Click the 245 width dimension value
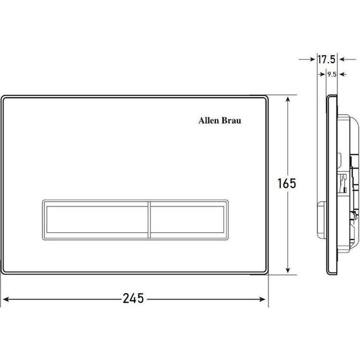133,298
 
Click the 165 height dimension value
287,183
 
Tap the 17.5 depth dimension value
327,59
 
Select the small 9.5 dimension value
332,75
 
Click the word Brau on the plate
231,121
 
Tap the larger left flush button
96,220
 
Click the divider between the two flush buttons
150,220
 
